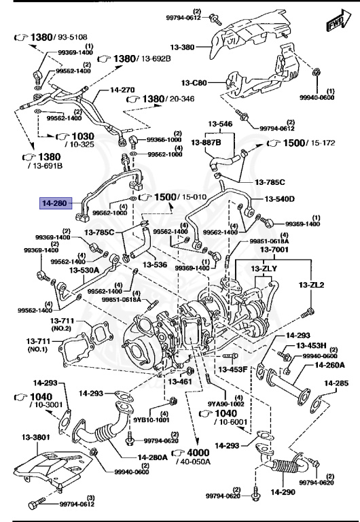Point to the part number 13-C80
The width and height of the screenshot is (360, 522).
[195, 83]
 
